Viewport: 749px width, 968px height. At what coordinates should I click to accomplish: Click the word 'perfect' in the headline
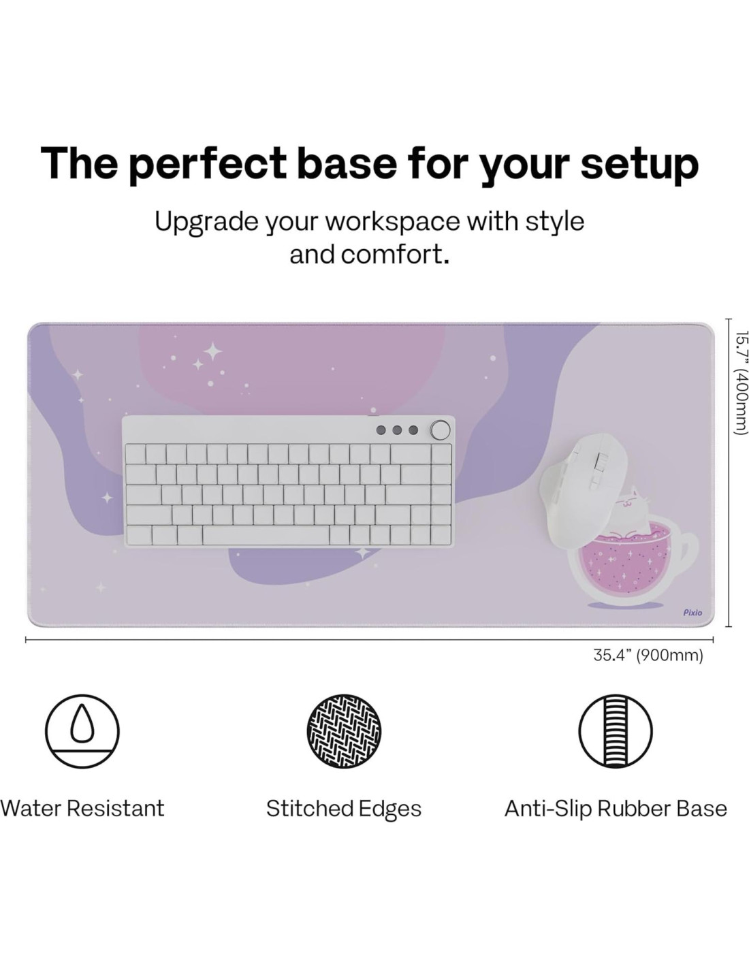click(x=207, y=163)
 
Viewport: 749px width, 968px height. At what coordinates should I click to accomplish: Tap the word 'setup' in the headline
click(x=639, y=163)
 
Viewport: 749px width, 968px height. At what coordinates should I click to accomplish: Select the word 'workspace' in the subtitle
click(x=392, y=221)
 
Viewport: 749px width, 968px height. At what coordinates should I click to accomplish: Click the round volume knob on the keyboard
click(x=440, y=430)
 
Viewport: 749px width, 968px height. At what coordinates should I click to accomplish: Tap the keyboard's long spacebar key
click(x=266, y=534)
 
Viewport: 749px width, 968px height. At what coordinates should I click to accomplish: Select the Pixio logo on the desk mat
click(x=692, y=613)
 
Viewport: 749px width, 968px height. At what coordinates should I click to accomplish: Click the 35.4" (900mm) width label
click(x=648, y=656)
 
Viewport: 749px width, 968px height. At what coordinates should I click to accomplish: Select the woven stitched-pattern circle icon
click(x=344, y=731)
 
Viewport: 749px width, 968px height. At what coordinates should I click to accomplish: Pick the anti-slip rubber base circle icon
click(x=616, y=731)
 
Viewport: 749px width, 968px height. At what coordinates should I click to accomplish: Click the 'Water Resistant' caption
click(x=82, y=809)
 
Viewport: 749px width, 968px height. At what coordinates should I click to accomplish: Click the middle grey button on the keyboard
click(x=397, y=430)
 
